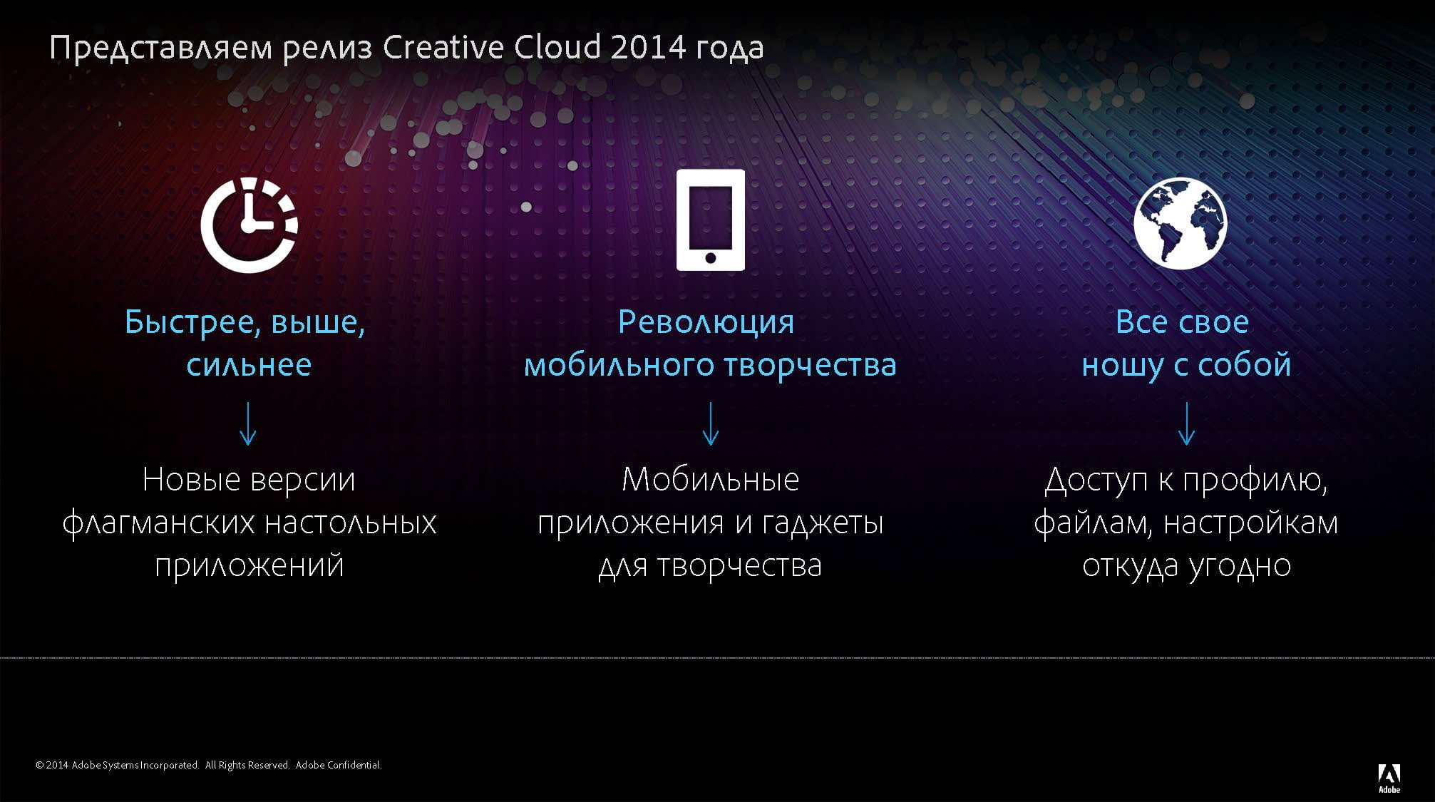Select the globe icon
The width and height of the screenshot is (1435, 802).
click(1181, 223)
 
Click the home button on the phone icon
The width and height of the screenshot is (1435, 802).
click(710, 257)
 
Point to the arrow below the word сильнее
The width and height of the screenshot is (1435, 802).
click(248, 423)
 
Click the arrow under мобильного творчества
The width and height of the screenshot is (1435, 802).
click(711, 423)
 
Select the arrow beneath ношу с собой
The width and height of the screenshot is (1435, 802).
click(1187, 423)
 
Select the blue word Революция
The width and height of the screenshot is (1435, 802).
click(706, 322)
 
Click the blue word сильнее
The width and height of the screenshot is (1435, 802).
click(249, 365)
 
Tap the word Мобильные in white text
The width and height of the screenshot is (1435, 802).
click(711, 479)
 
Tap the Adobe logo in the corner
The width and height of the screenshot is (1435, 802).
click(1389, 778)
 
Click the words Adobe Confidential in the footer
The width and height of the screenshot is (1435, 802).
click(339, 765)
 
